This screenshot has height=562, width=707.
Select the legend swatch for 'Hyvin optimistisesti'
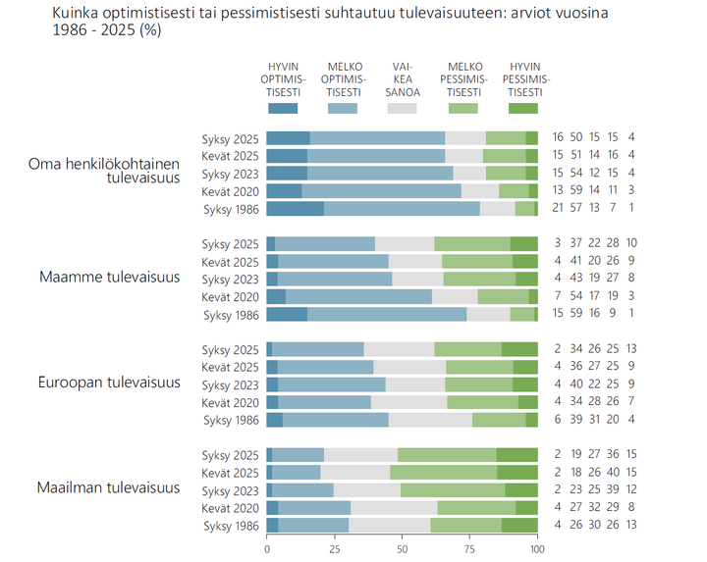coord(282,108)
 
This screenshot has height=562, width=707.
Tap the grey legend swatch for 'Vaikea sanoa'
coord(403,108)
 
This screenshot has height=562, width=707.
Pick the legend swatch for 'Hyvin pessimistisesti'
coord(523,108)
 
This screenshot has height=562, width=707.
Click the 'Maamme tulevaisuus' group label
coord(109,278)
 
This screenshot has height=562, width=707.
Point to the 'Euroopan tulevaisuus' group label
coord(108,383)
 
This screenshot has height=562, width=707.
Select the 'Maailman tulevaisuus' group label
coord(108,487)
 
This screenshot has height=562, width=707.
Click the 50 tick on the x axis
coord(402,549)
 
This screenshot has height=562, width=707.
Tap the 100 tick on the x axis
coord(536,549)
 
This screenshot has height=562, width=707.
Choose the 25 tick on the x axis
coord(334,549)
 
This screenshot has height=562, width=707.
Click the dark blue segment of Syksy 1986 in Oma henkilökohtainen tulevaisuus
coord(295,209)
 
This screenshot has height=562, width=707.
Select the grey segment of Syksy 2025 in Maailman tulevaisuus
coord(360,454)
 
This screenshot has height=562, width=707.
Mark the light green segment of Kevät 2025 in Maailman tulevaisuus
coord(443,472)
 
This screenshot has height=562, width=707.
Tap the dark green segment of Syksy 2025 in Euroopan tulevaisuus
coord(519,349)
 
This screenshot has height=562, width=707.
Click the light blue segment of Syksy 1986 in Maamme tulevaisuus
coord(387,314)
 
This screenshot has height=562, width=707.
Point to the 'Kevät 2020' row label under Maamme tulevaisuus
coord(230,296)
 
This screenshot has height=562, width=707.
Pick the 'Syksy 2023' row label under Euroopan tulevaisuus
coord(230,384)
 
